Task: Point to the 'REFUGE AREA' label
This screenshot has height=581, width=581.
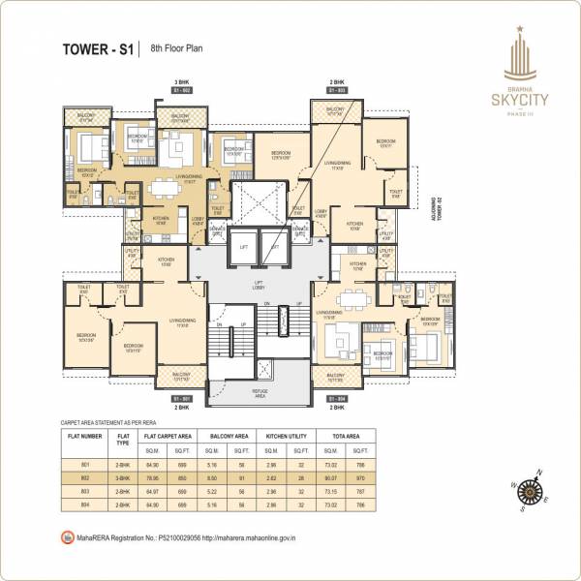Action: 260,394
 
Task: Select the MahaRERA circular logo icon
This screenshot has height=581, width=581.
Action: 66,535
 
